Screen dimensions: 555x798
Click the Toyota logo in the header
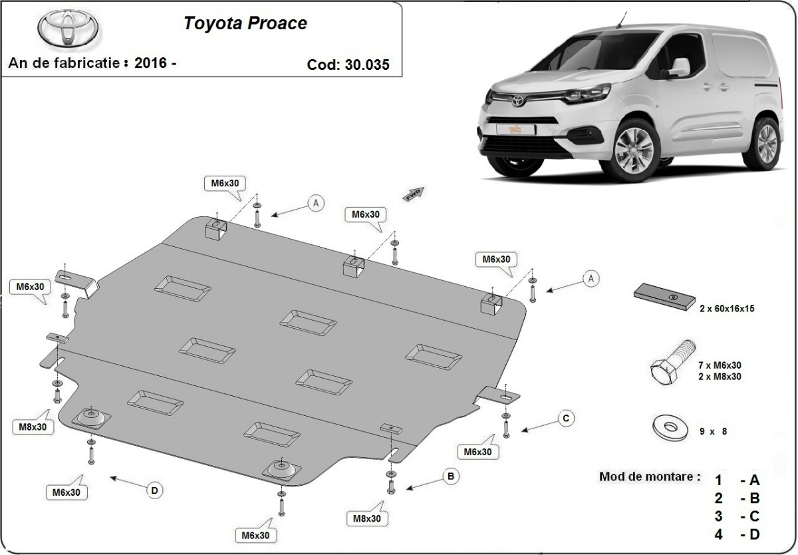pos(67,28)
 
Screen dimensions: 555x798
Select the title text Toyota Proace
pos(245,23)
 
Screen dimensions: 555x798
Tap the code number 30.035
pos(366,65)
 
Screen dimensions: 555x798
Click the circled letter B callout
pos(450,476)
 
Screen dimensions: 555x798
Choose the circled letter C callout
pos(565,419)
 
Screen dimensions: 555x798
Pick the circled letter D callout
pos(154,490)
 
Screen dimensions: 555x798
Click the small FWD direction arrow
pos(413,193)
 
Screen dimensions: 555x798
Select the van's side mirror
pos(679,68)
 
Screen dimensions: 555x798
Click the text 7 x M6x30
pos(720,365)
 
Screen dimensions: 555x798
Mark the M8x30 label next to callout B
pos(367,518)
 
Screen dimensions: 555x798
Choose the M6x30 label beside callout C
pos(477,452)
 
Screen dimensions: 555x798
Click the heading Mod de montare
pos(649,476)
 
